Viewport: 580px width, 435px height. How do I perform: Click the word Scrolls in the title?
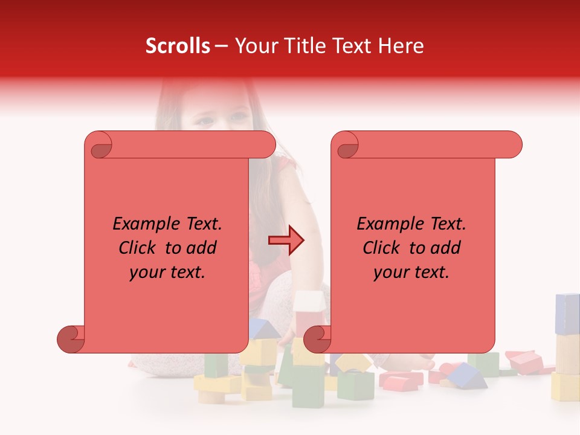pos(178,46)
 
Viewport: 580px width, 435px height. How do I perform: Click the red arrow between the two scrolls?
pos(286,240)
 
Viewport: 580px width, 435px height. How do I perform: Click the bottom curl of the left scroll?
pos(71,339)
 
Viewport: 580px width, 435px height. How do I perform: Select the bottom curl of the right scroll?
pos(317,339)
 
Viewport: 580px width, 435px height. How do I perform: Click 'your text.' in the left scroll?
pos(168,272)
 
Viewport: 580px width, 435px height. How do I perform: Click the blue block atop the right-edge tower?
pos(567,314)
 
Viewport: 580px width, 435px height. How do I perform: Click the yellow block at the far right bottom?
pos(565,387)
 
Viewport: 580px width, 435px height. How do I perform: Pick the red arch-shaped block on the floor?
pos(401,380)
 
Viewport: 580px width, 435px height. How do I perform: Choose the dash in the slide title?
pos(221,46)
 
